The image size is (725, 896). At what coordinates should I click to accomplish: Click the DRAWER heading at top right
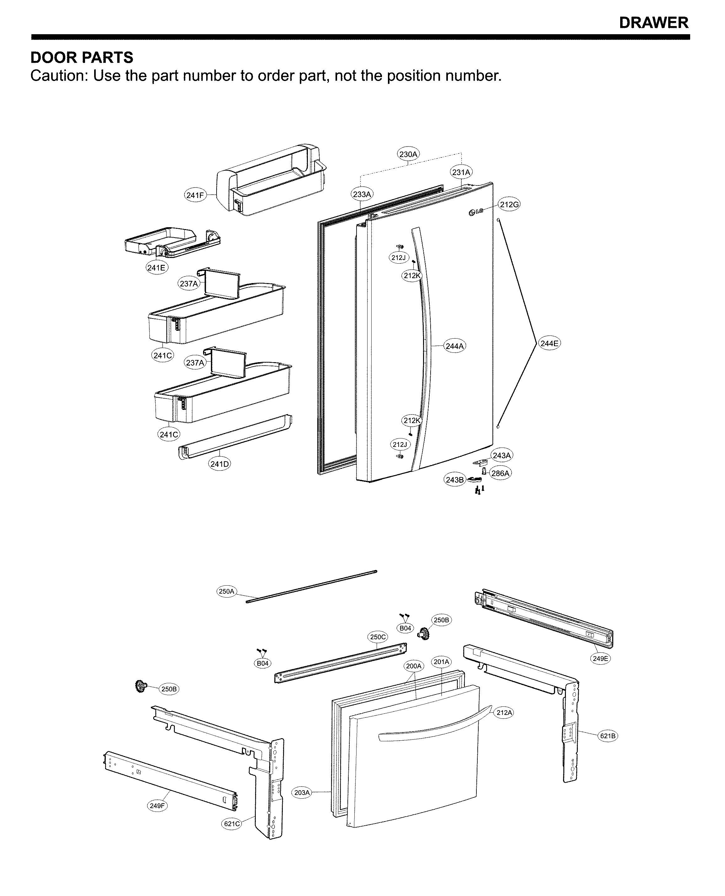pyautogui.click(x=653, y=23)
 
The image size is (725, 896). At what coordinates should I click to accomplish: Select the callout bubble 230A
pyautogui.click(x=408, y=154)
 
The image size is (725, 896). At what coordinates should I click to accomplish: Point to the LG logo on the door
pyautogui.click(x=475, y=212)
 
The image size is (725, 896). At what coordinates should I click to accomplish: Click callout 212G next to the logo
pyautogui.click(x=509, y=205)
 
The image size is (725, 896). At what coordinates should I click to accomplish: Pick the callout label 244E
pyautogui.click(x=549, y=343)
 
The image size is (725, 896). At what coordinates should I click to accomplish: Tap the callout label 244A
pyautogui.click(x=454, y=346)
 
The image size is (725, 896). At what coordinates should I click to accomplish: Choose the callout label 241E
pyautogui.click(x=157, y=267)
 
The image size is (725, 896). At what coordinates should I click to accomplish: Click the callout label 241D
pyautogui.click(x=219, y=464)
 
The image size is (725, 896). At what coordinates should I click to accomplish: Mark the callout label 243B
pyautogui.click(x=454, y=480)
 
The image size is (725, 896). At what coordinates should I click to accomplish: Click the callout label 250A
pyautogui.click(x=226, y=591)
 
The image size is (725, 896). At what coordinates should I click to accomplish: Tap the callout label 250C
pyautogui.click(x=378, y=637)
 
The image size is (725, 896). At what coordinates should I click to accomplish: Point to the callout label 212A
pyautogui.click(x=504, y=712)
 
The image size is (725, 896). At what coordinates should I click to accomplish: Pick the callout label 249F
pyautogui.click(x=157, y=805)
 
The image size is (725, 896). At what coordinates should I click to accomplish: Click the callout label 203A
pyautogui.click(x=302, y=792)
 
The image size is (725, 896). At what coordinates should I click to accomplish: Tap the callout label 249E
pyautogui.click(x=600, y=658)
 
